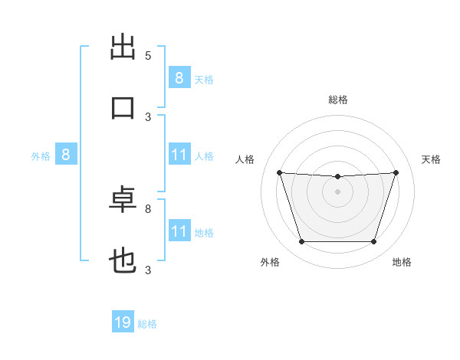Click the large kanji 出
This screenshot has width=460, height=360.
123,47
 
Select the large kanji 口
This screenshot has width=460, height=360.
123,108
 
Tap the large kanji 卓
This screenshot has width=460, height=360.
123,199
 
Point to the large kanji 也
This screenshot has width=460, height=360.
123,260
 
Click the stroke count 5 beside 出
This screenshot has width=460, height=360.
148,56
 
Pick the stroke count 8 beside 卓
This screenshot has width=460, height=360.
148,209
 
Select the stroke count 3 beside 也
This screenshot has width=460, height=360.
148,270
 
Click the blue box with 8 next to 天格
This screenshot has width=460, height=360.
179,77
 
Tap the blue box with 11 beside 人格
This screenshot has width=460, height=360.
179,154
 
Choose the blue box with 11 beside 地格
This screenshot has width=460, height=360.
179,230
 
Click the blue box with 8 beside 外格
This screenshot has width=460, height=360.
66,154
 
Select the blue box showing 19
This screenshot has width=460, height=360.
123,321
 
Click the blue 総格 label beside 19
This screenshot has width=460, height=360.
147,324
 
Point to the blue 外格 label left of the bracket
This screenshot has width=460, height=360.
41,156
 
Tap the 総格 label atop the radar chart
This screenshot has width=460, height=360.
338,100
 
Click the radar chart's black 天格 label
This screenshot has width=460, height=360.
431,159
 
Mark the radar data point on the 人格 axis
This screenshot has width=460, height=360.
280,172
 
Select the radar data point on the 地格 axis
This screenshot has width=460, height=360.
374,241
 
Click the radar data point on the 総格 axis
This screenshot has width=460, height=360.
337,176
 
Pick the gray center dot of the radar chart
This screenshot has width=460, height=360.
337,191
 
